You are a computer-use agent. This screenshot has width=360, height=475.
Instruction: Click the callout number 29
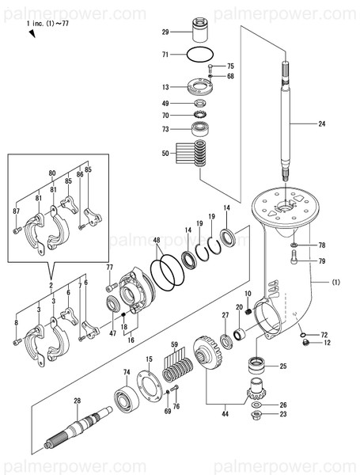tap(165, 32)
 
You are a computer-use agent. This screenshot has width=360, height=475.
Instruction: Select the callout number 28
tap(77, 401)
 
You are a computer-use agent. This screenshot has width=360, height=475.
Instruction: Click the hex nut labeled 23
tap(257, 413)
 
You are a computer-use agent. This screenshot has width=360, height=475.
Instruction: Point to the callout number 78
tap(322, 245)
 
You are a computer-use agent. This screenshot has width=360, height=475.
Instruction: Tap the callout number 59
tap(173, 344)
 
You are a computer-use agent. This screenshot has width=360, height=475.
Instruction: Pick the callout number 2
tap(50, 284)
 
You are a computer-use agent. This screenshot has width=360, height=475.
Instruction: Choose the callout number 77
tap(110, 268)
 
